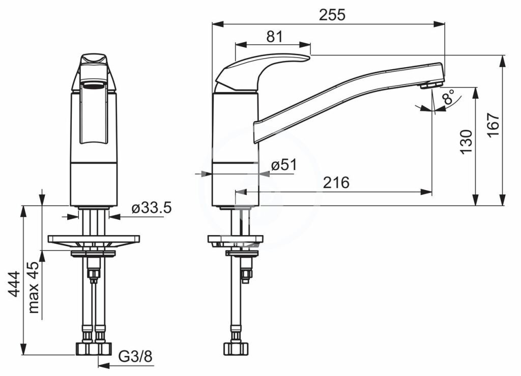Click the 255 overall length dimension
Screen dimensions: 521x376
(332, 15)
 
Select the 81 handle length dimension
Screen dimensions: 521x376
(274, 37)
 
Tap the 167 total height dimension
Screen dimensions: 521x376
(494, 124)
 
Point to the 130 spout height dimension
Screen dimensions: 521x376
(466, 141)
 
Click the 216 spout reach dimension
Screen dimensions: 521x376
(336, 182)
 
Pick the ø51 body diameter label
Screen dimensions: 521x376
(283, 165)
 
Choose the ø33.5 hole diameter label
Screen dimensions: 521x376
(152, 208)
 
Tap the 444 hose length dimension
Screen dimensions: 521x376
(14, 284)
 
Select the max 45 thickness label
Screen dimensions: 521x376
(34, 287)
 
